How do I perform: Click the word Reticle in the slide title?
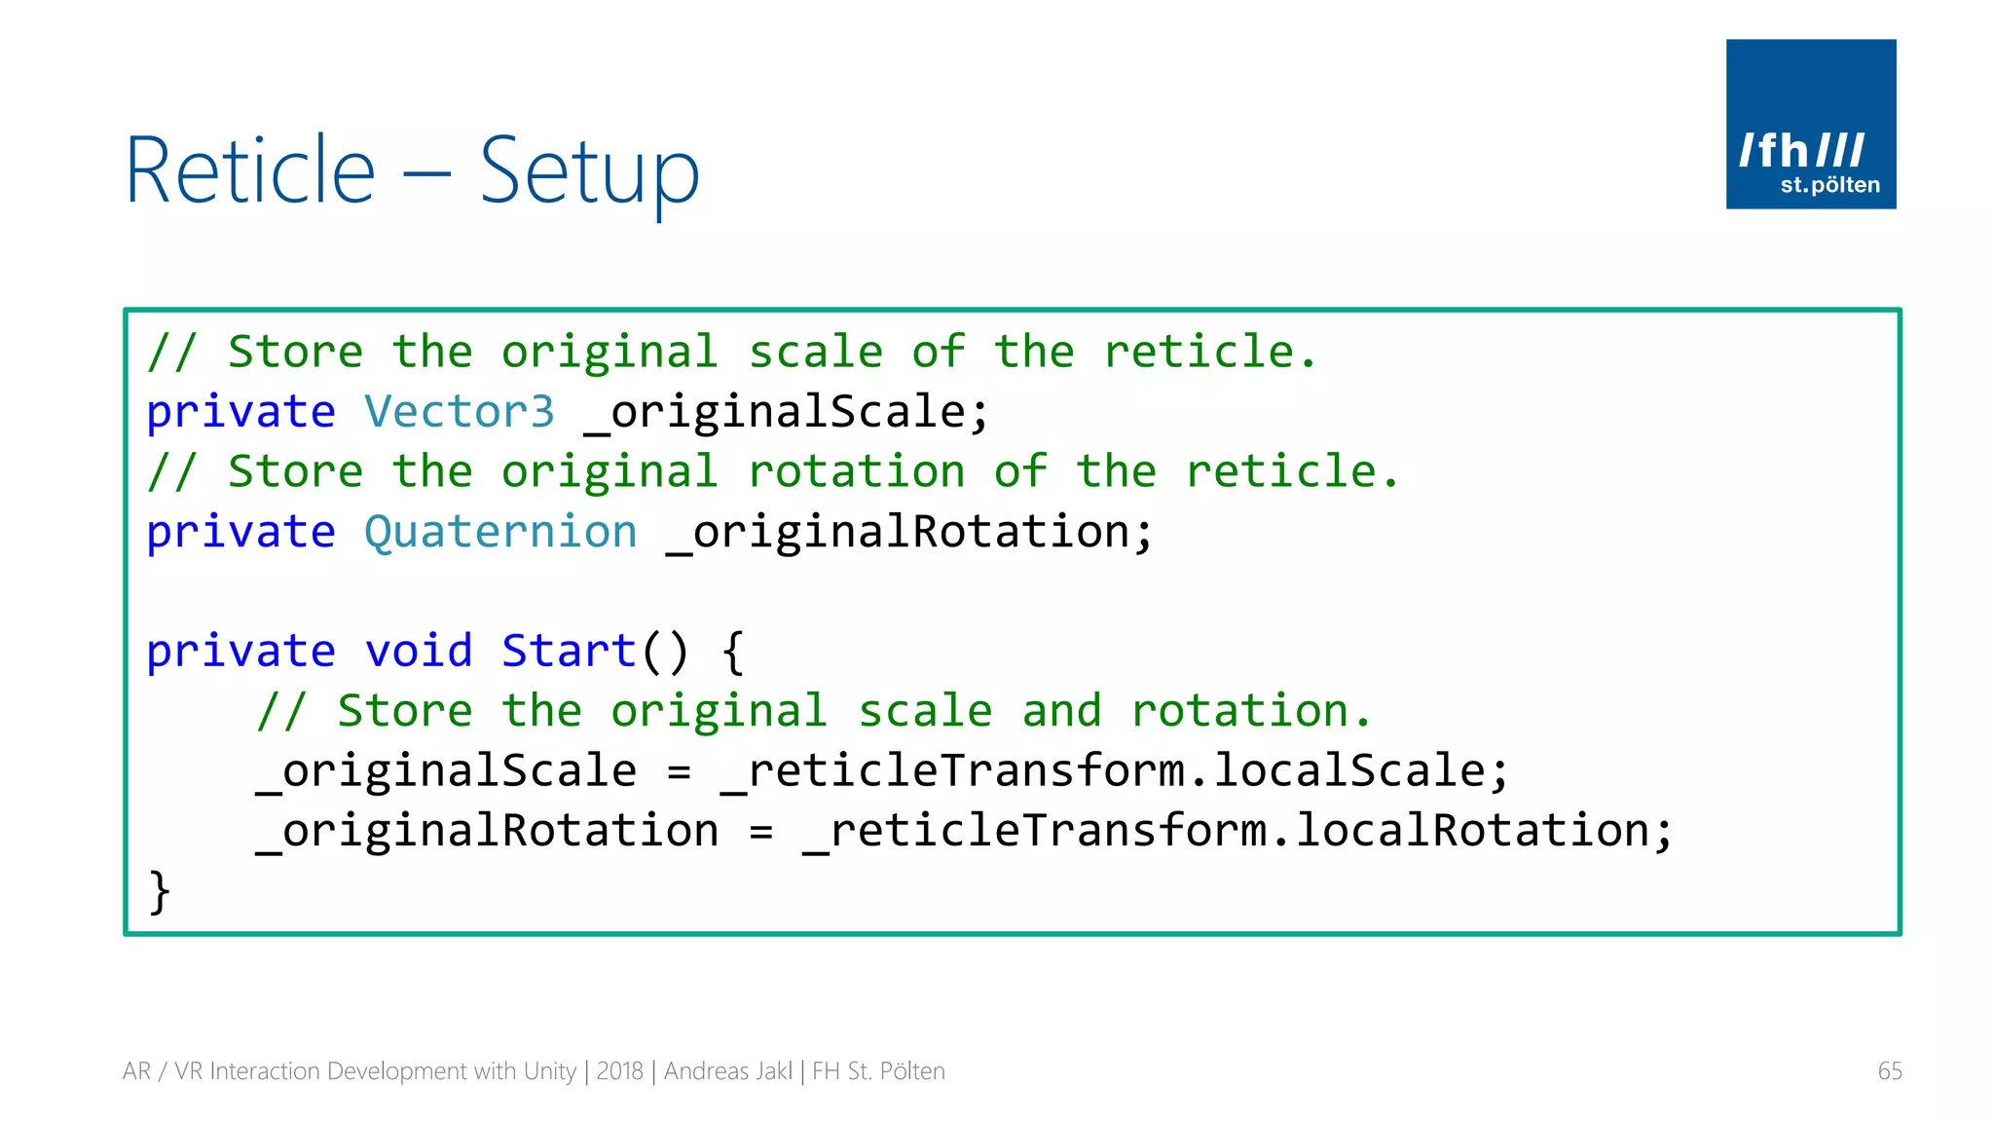(250, 171)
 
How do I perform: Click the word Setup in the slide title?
(589, 173)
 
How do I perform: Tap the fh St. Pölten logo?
(1810, 124)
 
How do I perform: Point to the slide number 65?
(1889, 1071)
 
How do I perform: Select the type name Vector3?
(459, 412)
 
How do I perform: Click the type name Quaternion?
(500, 533)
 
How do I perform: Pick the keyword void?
(419, 652)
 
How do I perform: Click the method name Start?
(569, 652)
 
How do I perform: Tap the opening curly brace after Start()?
(733, 652)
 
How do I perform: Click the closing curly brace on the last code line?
(159, 891)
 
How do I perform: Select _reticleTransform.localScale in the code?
(1114, 771)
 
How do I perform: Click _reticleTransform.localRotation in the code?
(1237, 832)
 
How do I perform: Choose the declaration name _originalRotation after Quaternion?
(909, 533)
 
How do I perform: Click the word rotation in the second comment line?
(857, 472)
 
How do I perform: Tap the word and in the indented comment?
(1061, 711)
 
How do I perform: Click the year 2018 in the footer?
(619, 1071)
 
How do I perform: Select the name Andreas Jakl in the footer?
(728, 1071)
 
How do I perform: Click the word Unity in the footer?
(550, 1071)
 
